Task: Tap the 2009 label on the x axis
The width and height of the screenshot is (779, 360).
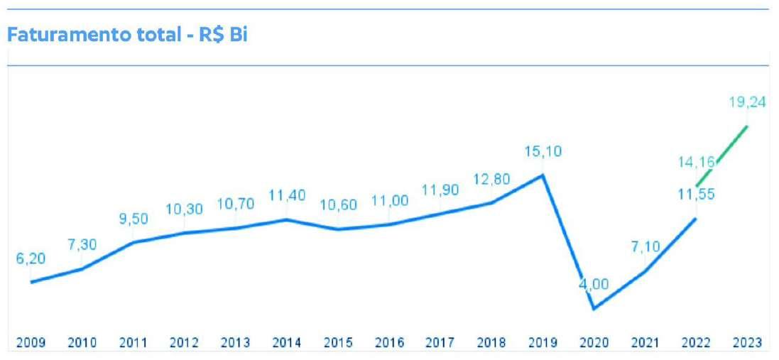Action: point(31,343)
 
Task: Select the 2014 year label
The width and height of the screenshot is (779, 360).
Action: point(287,343)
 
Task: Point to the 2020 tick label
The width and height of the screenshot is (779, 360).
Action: point(594,343)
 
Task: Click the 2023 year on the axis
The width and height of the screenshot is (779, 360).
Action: point(747,343)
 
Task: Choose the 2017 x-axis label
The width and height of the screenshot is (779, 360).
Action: point(440,343)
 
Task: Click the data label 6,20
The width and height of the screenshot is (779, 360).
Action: point(31,258)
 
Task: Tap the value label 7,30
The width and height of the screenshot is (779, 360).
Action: point(82,245)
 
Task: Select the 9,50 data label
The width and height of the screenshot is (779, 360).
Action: point(134,219)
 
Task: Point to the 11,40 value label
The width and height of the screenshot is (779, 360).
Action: point(287,195)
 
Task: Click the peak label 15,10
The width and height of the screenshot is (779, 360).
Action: point(543,151)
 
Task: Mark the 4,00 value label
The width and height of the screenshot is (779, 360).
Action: point(594,284)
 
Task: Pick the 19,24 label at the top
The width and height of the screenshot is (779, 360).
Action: point(748,102)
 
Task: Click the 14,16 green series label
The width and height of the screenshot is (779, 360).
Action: point(697,162)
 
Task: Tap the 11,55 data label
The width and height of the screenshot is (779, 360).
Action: point(697,194)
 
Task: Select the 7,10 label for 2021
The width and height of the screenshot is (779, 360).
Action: point(645,247)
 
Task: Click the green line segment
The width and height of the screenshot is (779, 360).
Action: point(722,156)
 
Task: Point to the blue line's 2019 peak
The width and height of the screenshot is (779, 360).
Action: point(543,174)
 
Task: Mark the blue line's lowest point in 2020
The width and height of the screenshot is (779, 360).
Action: point(594,309)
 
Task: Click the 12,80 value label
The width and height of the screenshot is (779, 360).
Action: point(491,179)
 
